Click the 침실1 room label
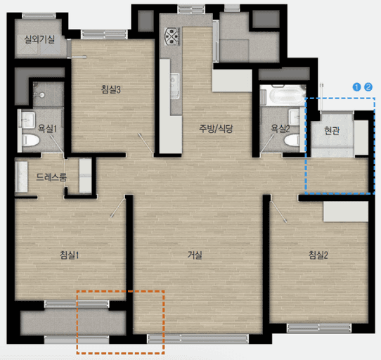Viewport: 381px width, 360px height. point(70,255)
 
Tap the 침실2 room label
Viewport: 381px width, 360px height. point(318,255)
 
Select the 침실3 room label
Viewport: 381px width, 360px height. point(111,89)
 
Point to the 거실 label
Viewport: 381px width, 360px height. point(195,255)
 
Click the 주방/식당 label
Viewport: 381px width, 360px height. point(216,129)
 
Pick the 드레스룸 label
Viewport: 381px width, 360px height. point(51,177)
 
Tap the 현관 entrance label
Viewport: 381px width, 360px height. point(332,131)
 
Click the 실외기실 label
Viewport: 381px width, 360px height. point(39,39)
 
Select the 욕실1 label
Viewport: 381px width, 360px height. point(47,129)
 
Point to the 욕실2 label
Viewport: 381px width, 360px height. point(280,129)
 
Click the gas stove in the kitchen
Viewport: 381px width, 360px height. point(172,37)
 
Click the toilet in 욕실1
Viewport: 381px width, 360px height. point(31,140)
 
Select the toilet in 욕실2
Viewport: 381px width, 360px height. point(292,141)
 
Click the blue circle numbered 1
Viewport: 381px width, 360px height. point(356,87)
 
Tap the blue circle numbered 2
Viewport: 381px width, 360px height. point(368,87)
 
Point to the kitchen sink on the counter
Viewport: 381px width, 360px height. point(175,86)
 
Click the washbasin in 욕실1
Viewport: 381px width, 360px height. point(27,120)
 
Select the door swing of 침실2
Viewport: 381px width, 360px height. point(278,209)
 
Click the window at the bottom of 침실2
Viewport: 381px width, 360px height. point(319,328)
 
